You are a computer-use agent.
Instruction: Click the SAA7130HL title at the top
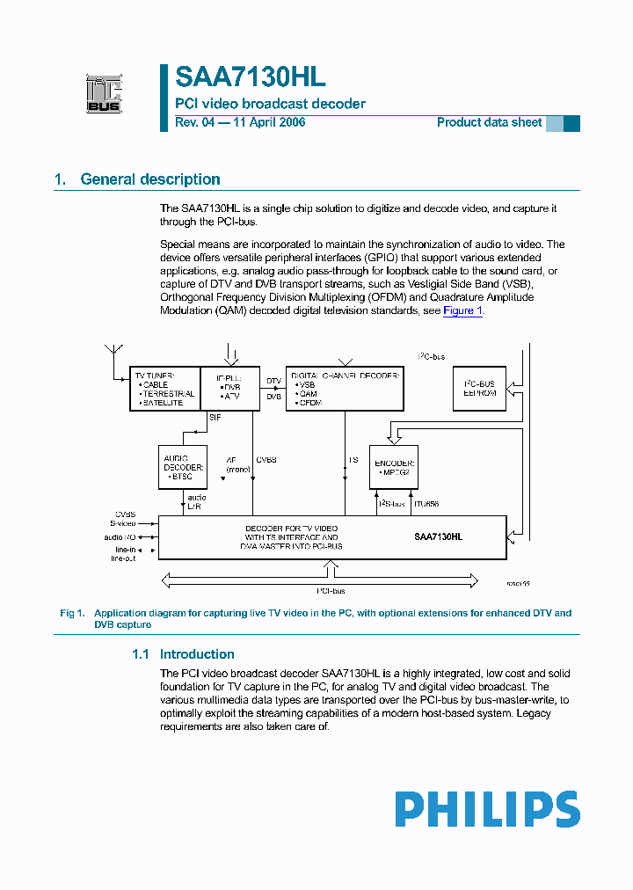coord(251,77)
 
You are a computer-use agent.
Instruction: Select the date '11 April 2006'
coord(268,122)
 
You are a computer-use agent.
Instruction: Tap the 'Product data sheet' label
coord(489,122)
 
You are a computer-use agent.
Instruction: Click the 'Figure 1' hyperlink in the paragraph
coord(462,311)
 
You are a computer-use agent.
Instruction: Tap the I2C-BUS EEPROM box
coord(480,389)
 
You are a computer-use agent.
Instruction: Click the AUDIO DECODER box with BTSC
coord(183,467)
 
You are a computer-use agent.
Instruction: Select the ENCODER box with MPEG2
coord(393,467)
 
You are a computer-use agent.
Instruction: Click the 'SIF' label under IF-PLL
coord(215,417)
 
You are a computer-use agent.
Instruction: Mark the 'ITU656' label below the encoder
coord(427,504)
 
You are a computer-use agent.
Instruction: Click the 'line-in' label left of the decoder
coord(123,549)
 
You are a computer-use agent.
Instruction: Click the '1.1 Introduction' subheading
coord(183,654)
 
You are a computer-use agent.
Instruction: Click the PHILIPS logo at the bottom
coord(487,809)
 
